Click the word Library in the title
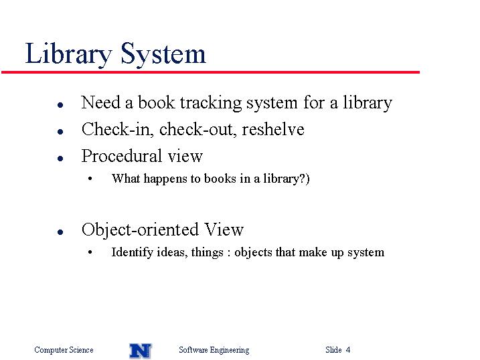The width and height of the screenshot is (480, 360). point(68,54)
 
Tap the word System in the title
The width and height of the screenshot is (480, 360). point(163,54)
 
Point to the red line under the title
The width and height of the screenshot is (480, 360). point(210,72)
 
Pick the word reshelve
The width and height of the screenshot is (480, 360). point(273,129)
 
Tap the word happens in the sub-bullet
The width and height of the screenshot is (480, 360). point(165,179)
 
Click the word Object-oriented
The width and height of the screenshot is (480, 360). point(140,230)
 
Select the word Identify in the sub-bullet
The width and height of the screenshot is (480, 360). point(133,253)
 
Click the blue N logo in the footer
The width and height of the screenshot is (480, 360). point(141,351)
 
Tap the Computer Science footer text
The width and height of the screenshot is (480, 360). point(64,350)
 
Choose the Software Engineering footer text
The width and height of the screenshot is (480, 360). point(214,350)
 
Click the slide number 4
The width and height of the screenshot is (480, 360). point(348,349)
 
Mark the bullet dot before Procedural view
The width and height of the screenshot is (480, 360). point(60,159)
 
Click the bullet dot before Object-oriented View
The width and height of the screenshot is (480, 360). point(60,232)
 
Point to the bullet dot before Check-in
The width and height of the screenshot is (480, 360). point(60,132)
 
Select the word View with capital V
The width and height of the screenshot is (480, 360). point(224,229)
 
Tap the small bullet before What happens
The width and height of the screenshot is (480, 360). point(90,179)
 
